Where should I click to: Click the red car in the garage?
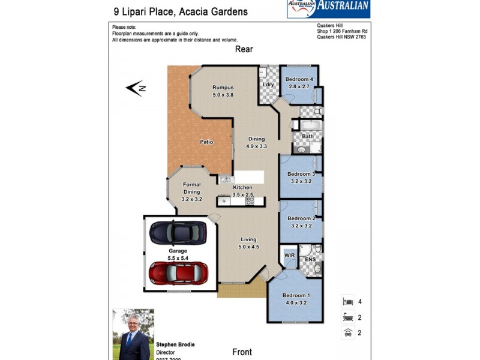click(178, 272)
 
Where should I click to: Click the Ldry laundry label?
click(268, 85)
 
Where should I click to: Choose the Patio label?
click(206, 142)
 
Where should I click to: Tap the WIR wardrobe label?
click(289, 255)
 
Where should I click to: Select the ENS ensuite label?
click(310, 259)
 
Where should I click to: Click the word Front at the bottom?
click(242, 352)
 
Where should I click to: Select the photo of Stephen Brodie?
click(133, 334)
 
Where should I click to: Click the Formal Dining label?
click(191, 188)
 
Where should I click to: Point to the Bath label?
click(307, 136)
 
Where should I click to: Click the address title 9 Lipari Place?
click(180, 11)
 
